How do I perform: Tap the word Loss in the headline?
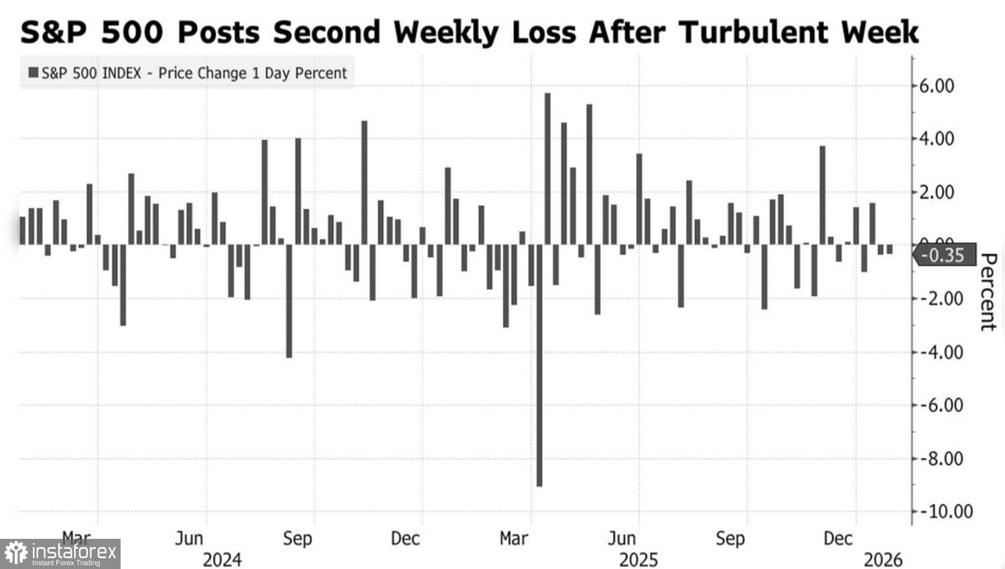click(543, 32)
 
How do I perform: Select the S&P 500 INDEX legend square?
click(33, 72)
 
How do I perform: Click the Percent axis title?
click(988, 292)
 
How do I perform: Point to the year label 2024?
click(222, 560)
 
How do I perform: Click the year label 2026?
click(883, 560)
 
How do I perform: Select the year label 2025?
click(639, 560)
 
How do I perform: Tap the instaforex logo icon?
click(15, 554)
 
